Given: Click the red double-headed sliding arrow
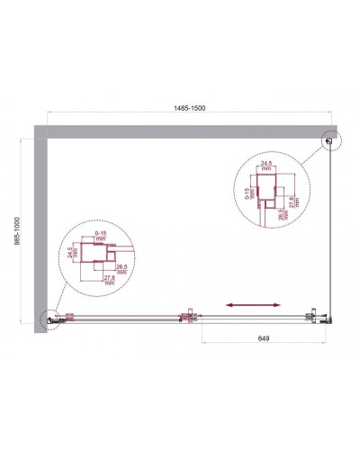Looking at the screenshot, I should tap(247, 306).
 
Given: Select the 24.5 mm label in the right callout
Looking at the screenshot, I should tap(266, 166).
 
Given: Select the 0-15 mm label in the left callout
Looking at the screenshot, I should tap(102, 237).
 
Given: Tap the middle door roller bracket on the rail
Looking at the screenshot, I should tap(188, 315).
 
